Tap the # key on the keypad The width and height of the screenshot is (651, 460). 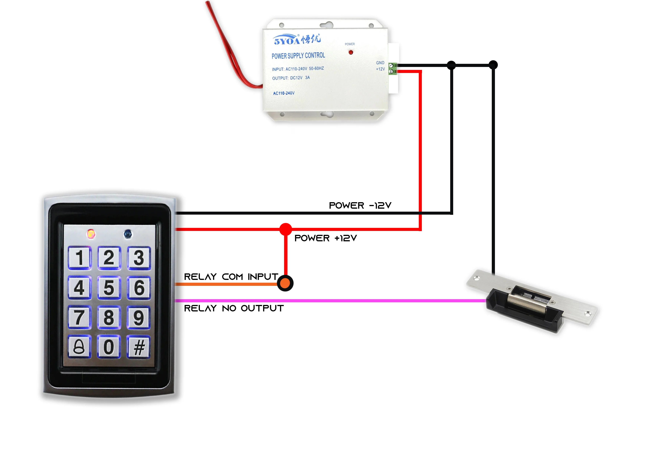point(139,347)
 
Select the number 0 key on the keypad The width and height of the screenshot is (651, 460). point(109,347)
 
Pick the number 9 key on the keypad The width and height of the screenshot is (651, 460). point(139,317)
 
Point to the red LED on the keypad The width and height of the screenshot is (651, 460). point(91,234)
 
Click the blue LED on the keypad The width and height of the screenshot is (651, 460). point(128,234)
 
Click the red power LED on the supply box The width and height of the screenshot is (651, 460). point(351,52)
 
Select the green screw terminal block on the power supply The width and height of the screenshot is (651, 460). point(392,69)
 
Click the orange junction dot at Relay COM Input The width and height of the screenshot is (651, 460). point(285,283)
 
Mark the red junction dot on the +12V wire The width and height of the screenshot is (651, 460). point(286,229)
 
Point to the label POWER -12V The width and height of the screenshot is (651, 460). point(360,206)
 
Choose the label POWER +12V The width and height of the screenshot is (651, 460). point(325,238)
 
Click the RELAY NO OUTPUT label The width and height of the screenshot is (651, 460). point(234,308)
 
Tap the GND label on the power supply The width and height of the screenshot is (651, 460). point(380,63)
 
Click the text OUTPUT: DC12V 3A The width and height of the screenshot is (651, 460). point(291,78)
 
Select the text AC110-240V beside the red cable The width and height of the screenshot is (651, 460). point(284,93)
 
